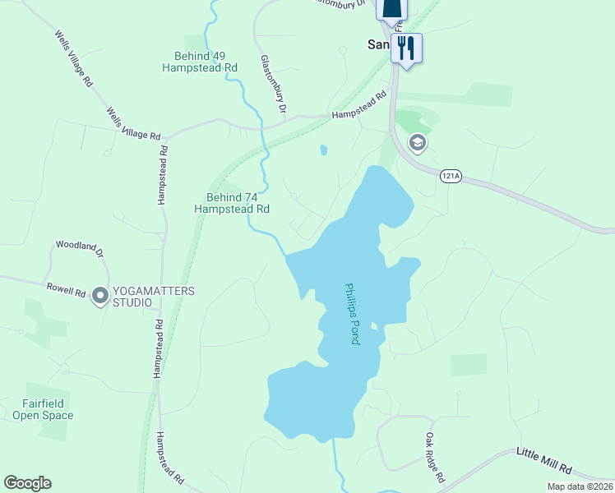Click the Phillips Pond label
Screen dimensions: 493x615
point(352,314)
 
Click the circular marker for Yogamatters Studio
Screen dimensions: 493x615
point(100,295)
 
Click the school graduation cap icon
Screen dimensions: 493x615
point(417,144)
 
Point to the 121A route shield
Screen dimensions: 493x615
point(451,177)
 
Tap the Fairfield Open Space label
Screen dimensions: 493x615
point(43,409)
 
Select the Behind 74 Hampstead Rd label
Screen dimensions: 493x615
point(232,203)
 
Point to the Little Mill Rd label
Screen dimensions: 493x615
point(543,461)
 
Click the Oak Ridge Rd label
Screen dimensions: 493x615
point(435,458)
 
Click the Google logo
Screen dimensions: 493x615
point(27,483)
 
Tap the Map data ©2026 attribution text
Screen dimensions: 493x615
point(580,486)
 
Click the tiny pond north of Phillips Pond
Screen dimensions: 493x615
point(323,150)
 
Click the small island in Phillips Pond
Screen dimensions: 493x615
point(373,326)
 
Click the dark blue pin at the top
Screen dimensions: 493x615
point(391,8)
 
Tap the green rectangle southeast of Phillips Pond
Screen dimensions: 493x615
point(468,365)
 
